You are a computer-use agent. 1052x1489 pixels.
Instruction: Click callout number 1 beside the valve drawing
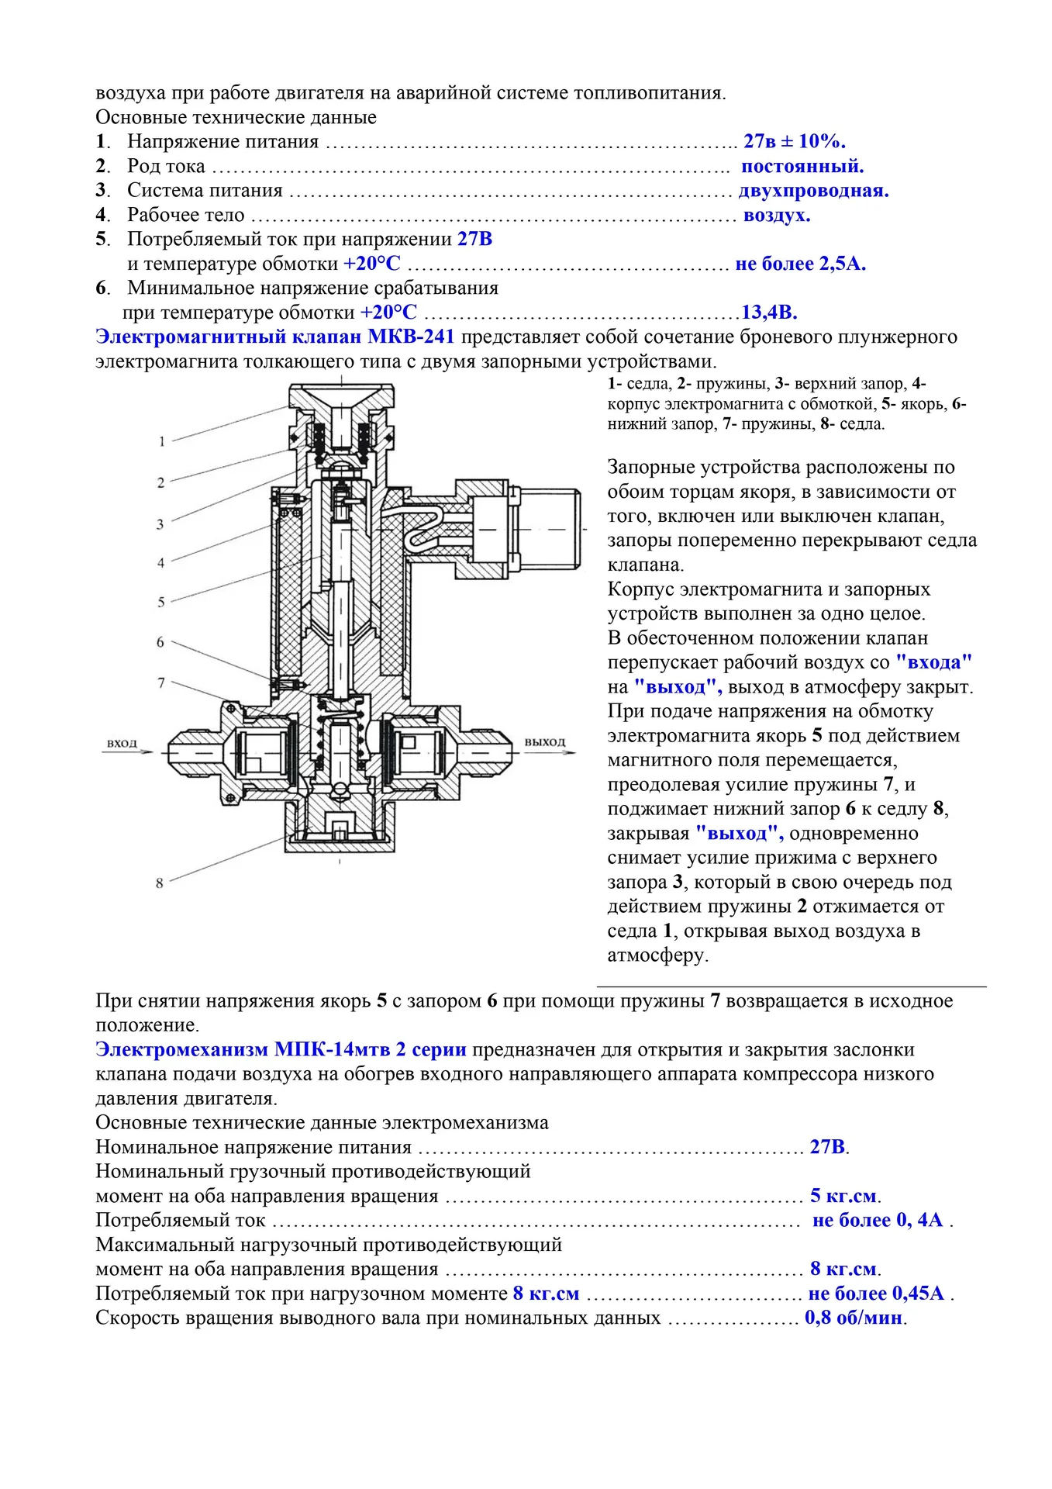[161, 441]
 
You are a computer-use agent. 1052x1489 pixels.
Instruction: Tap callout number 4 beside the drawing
[161, 563]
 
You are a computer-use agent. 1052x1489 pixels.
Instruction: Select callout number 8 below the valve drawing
[160, 883]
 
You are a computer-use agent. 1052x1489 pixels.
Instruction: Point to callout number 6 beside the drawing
[160, 642]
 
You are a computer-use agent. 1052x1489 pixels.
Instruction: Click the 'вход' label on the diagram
[122, 743]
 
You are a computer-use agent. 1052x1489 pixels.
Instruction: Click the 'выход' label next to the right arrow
[545, 742]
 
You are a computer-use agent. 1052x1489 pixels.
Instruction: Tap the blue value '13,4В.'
[769, 313]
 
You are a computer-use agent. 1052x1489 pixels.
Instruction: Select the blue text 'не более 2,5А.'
[800, 264]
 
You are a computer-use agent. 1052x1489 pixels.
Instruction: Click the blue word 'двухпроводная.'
[813, 191]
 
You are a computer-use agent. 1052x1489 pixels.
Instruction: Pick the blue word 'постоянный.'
[802, 166]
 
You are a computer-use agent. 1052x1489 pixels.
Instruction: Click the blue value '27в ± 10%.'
[794, 141]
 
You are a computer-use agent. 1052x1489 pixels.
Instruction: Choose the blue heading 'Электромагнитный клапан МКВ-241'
[274, 337]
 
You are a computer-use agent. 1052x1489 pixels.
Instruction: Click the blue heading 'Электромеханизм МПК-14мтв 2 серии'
[281, 1049]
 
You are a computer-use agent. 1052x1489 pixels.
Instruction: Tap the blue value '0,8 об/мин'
[854, 1318]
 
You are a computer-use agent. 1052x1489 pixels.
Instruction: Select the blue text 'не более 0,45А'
[876, 1293]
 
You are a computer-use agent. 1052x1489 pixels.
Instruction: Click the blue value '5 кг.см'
[843, 1195]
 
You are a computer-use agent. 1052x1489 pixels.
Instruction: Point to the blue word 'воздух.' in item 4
[777, 215]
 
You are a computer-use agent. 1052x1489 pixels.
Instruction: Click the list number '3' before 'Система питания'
[100, 191]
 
